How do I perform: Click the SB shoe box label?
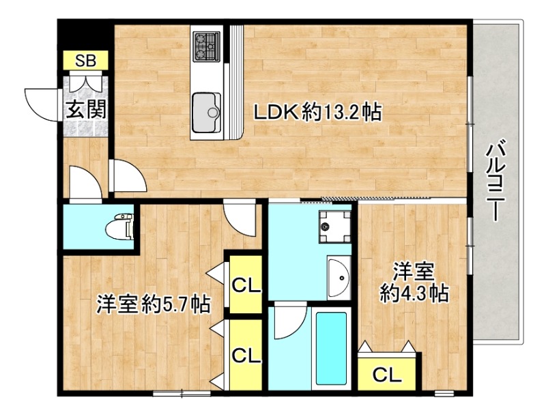pos(86,60)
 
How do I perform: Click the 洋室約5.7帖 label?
pos(153,303)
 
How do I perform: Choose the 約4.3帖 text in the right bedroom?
pos(414,293)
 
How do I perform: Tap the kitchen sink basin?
pos(206,109)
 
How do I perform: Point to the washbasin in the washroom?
pos(337,276)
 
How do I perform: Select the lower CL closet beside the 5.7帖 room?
pos(246,355)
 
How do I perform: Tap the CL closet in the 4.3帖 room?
pos(387,374)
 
